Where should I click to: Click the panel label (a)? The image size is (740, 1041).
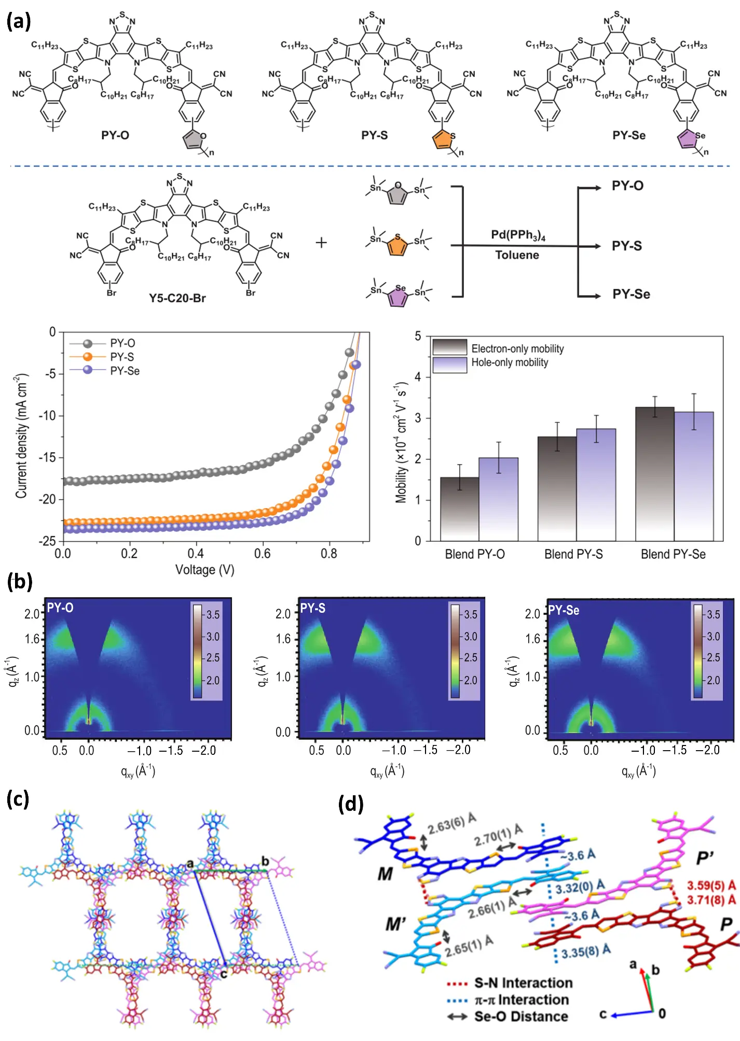pyautogui.click(x=19, y=22)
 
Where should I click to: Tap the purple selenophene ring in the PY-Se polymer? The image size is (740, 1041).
pyautogui.click(x=688, y=139)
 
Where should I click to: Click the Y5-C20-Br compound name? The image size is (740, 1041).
pyautogui.click(x=177, y=299)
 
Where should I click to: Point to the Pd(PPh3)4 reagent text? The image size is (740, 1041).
pyautogui.click(x=517, y=235)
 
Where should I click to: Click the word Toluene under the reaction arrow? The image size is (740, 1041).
pyautogui.click(x=517, y=255)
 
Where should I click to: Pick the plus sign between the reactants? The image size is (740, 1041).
pyautogui.click(x=321, y=242)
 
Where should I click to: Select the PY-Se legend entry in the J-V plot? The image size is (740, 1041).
pyautogui.click(x=125, y=371)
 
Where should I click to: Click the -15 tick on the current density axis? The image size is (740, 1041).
pyautogui.click(x=48, y=457)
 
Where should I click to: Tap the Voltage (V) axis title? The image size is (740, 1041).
pyautogui.click(x=204, y=570)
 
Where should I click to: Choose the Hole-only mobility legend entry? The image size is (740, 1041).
pyautogui.click(x=509, y=363)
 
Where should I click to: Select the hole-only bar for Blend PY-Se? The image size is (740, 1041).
pyautogui.click(x=693, y=477)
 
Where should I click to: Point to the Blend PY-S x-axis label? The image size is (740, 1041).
pyautogui.click(x=573, y=554)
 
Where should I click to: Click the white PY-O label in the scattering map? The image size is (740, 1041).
pyautogui.click(x=60, y=608)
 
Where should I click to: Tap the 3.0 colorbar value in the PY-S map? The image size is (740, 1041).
pyautogui.click(x=470, y=637)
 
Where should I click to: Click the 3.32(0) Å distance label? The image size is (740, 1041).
pyautogui.click(x=580, y=888)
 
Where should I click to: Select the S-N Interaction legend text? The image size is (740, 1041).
pyautogui.click(x=523, y=983)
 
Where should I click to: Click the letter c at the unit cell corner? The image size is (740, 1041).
pyautogui.click(x=224, y=974)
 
